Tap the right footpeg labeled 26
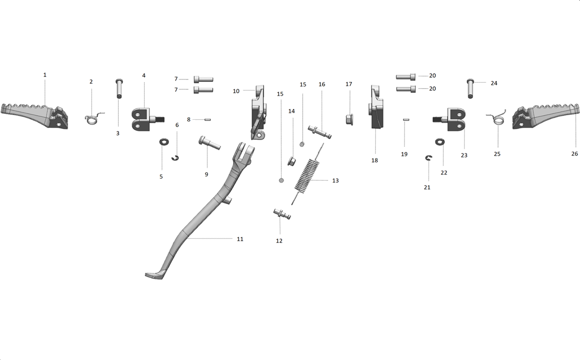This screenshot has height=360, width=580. (x=546, y=116)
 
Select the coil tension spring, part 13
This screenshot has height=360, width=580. (x=308, y=174)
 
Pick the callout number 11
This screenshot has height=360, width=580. (x=240, y=239)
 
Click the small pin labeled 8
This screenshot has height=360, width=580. (x=208, y=120)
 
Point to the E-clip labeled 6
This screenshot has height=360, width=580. (x=175, y=157)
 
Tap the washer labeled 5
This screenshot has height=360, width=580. (x=164, y=142)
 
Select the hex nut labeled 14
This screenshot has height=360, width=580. (x=291, y=161)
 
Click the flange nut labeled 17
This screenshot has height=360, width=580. (x=349, y=120)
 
